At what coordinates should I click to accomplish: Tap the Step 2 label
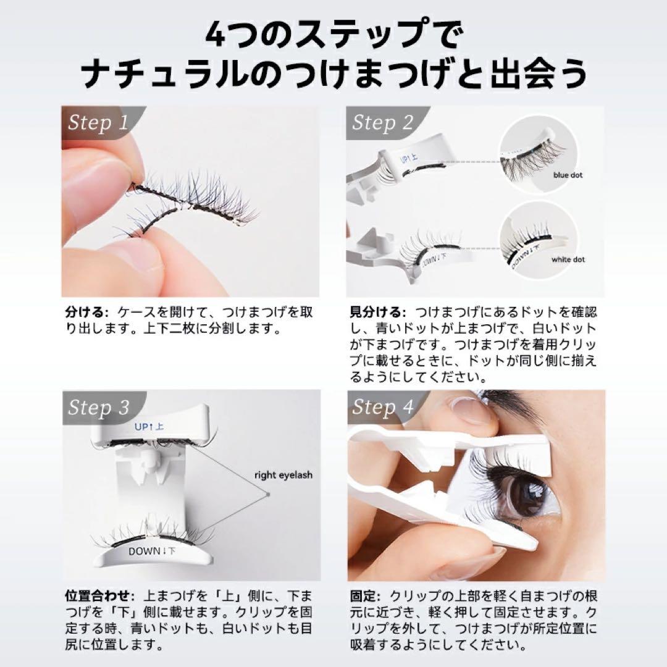tap(382, 123)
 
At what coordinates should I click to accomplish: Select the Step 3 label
tap(99, 408)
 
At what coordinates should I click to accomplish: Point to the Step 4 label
tap(382, 408)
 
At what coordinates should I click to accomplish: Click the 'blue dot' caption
tap(568, 175)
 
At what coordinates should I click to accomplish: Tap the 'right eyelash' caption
tap(283, 475)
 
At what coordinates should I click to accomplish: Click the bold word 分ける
tap(83, 312)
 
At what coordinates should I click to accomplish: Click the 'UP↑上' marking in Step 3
tap(149, 426)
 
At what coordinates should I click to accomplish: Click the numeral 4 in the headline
tap(219, 36)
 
